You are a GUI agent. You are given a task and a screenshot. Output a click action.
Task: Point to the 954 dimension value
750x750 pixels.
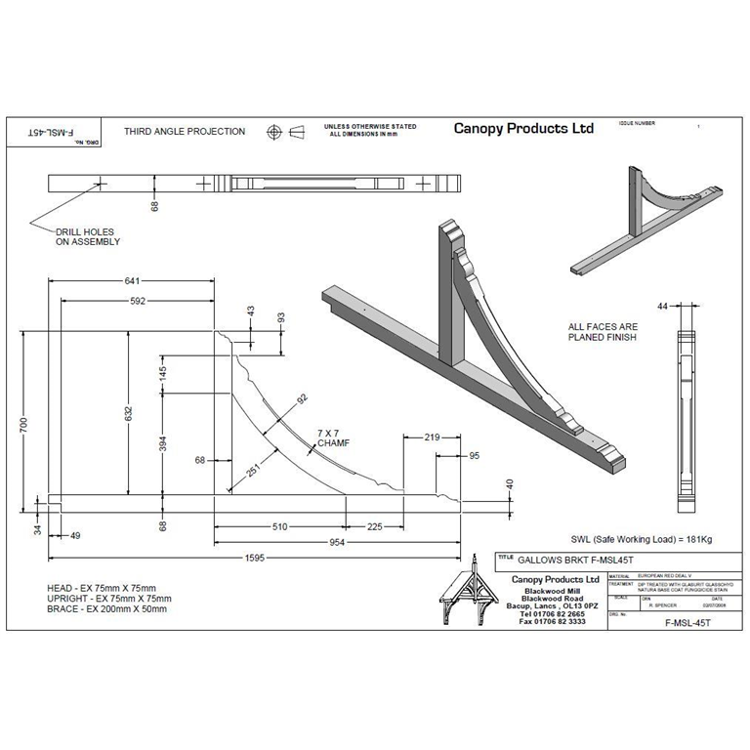coord(339,542)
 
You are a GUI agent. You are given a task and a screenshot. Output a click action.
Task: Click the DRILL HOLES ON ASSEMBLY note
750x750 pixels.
coord(86,237)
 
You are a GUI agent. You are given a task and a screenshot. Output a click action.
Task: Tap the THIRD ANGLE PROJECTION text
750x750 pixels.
coord(185,132)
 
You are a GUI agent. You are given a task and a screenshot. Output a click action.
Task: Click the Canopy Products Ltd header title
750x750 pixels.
coord(523,129)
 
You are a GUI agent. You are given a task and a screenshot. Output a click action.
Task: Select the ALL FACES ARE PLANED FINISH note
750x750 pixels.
coord(603,332)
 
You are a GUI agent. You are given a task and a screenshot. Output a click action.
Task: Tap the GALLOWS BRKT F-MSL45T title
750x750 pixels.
coord(564,560)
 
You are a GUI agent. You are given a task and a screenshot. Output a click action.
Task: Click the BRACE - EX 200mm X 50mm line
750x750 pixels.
coord(107,608)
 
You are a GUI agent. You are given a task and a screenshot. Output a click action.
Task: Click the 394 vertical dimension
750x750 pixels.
coord(163,444)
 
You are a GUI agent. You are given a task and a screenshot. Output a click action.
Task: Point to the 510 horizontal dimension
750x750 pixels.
coord(279,526)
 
